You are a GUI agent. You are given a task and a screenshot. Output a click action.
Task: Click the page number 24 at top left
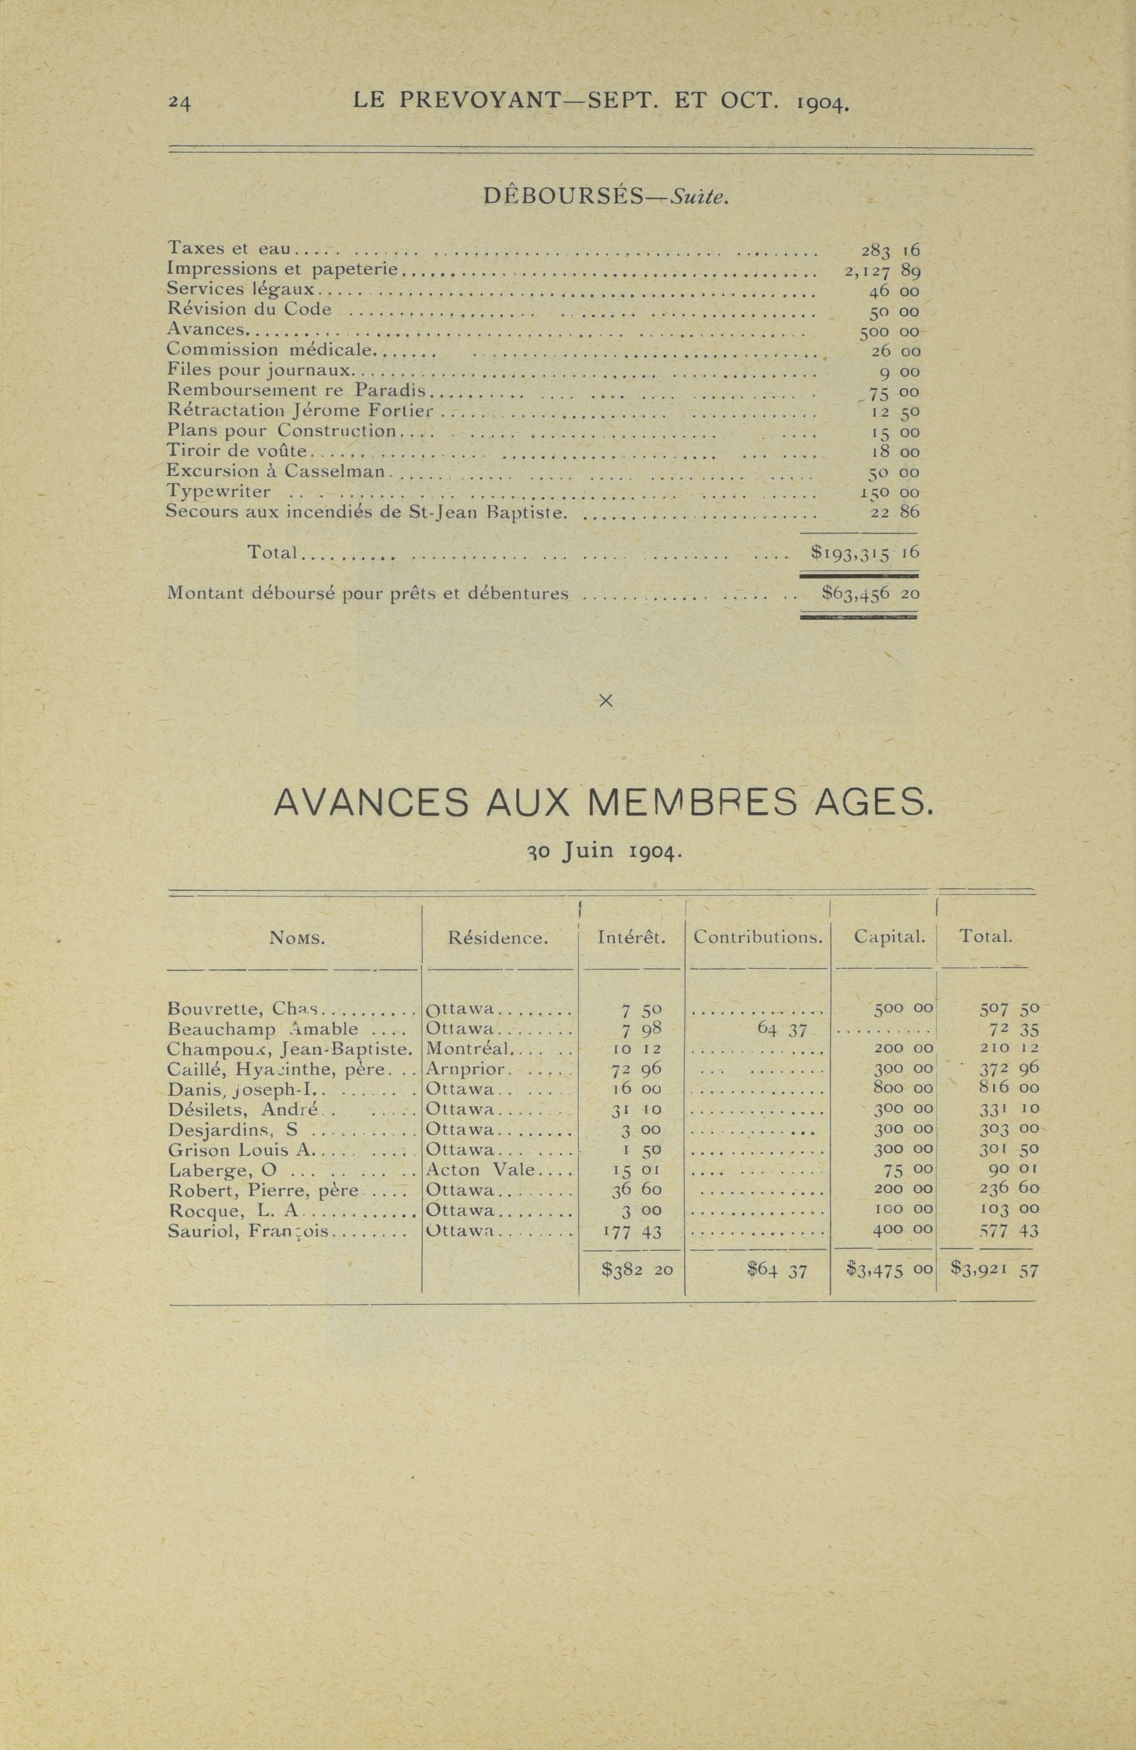pos(179,103)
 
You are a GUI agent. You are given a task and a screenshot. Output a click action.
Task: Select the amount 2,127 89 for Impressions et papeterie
pos(882,271)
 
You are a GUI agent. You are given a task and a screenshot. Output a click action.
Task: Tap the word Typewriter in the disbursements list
pos(218,491)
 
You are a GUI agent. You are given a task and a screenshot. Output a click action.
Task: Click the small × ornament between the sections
pos(605,701)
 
